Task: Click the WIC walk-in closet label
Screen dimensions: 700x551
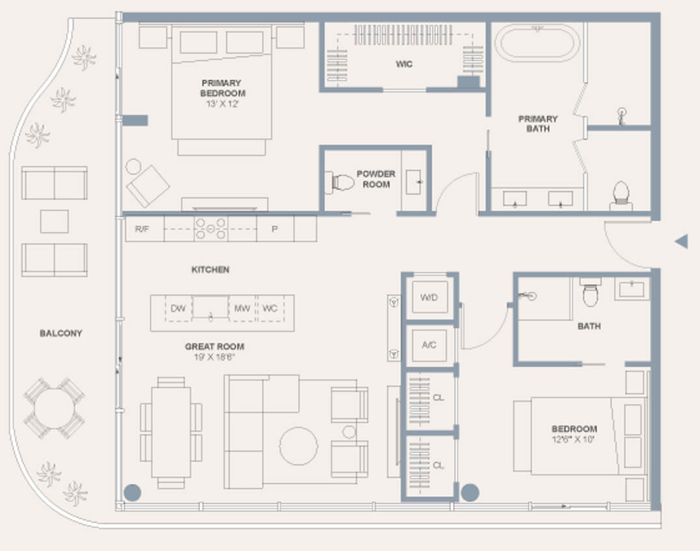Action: pos(404,64)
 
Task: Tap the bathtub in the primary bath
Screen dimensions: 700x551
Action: pos(538,43)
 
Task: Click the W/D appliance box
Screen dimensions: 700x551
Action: pos(429,297)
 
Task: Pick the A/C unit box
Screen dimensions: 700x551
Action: pos(429,345)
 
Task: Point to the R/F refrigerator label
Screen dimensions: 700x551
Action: pos(142,229)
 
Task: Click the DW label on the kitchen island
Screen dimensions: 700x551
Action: pos(178,308)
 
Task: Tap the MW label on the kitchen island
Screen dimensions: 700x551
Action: pos(243,308)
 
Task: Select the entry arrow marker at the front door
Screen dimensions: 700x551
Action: pos(681,241)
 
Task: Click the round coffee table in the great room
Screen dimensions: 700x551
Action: pos(299,446)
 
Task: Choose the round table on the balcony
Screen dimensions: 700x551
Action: pos(55,408)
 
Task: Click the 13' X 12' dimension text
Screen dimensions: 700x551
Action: pos(222,104)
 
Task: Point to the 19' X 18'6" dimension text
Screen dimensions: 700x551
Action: pos(214,357)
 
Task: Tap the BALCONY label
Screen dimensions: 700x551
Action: pos(61,333)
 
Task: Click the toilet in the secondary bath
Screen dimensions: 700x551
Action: pos(591,293)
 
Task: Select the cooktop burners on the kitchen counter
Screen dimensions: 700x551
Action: pos(211,228)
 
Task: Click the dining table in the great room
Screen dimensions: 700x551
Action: pos(171,433)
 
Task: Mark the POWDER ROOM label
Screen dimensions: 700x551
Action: pos(376,179)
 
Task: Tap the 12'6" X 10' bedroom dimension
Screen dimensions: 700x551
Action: pos(573,439)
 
